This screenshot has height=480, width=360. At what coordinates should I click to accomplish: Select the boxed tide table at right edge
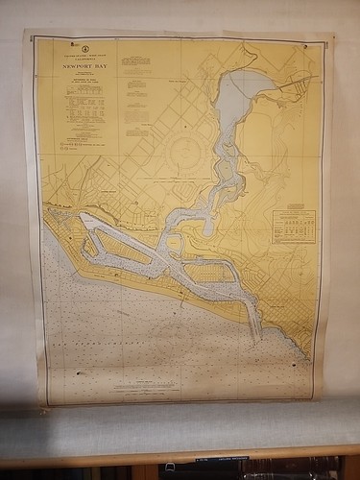[293, 226]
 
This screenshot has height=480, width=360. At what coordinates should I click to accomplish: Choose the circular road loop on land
[182, 156]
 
